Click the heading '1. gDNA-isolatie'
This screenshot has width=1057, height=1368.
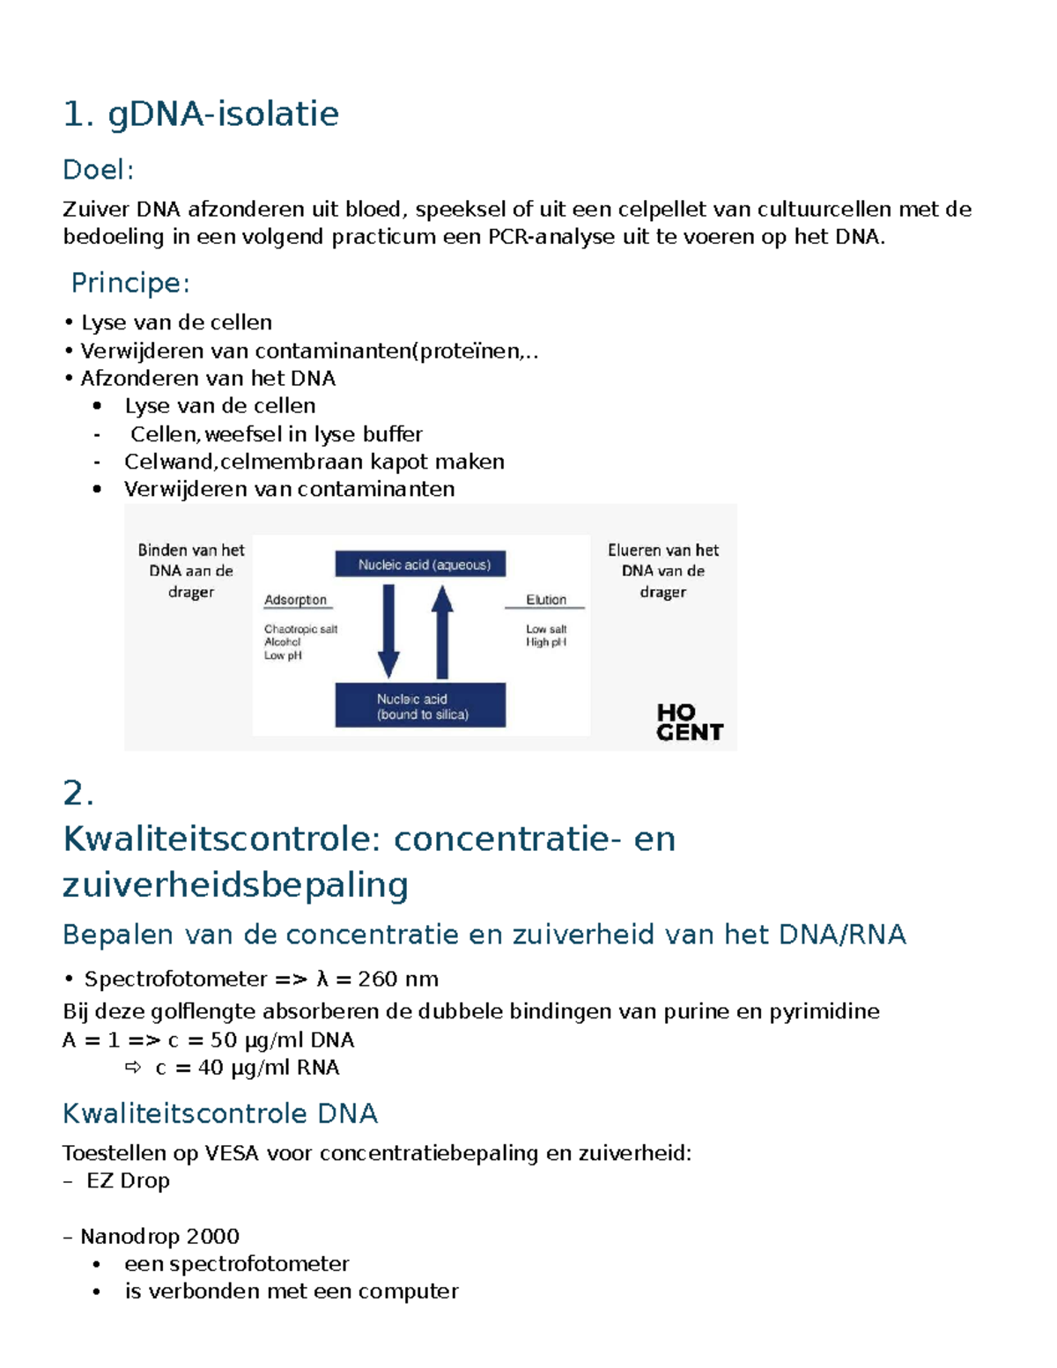(x=201, y=115)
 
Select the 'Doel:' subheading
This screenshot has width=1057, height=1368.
(x=98, y=170)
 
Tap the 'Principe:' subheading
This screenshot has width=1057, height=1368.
(x=130, y=283)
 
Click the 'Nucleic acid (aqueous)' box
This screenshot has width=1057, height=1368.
(x=420, y=565)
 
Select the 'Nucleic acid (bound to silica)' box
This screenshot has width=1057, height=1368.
(x=420, y=706)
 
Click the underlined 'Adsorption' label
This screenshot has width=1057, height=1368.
(x=295, y=600)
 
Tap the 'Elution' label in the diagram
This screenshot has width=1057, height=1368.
(x=546, y=600)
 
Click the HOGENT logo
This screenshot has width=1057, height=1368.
(x=689, y=722)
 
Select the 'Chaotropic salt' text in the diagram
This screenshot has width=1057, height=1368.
(x=300, y=629)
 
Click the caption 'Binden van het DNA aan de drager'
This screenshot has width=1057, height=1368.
(x=191, y=571)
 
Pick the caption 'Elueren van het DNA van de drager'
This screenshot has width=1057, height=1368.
(x=663, y=571)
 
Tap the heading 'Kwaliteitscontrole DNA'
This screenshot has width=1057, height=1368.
(x=220, y=1113)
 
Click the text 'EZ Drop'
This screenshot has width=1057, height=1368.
(x=128, y=1181)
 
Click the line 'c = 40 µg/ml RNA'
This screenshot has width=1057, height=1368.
(x=247, y=1068)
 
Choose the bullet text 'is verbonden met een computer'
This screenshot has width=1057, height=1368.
(x=291, y=1291)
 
